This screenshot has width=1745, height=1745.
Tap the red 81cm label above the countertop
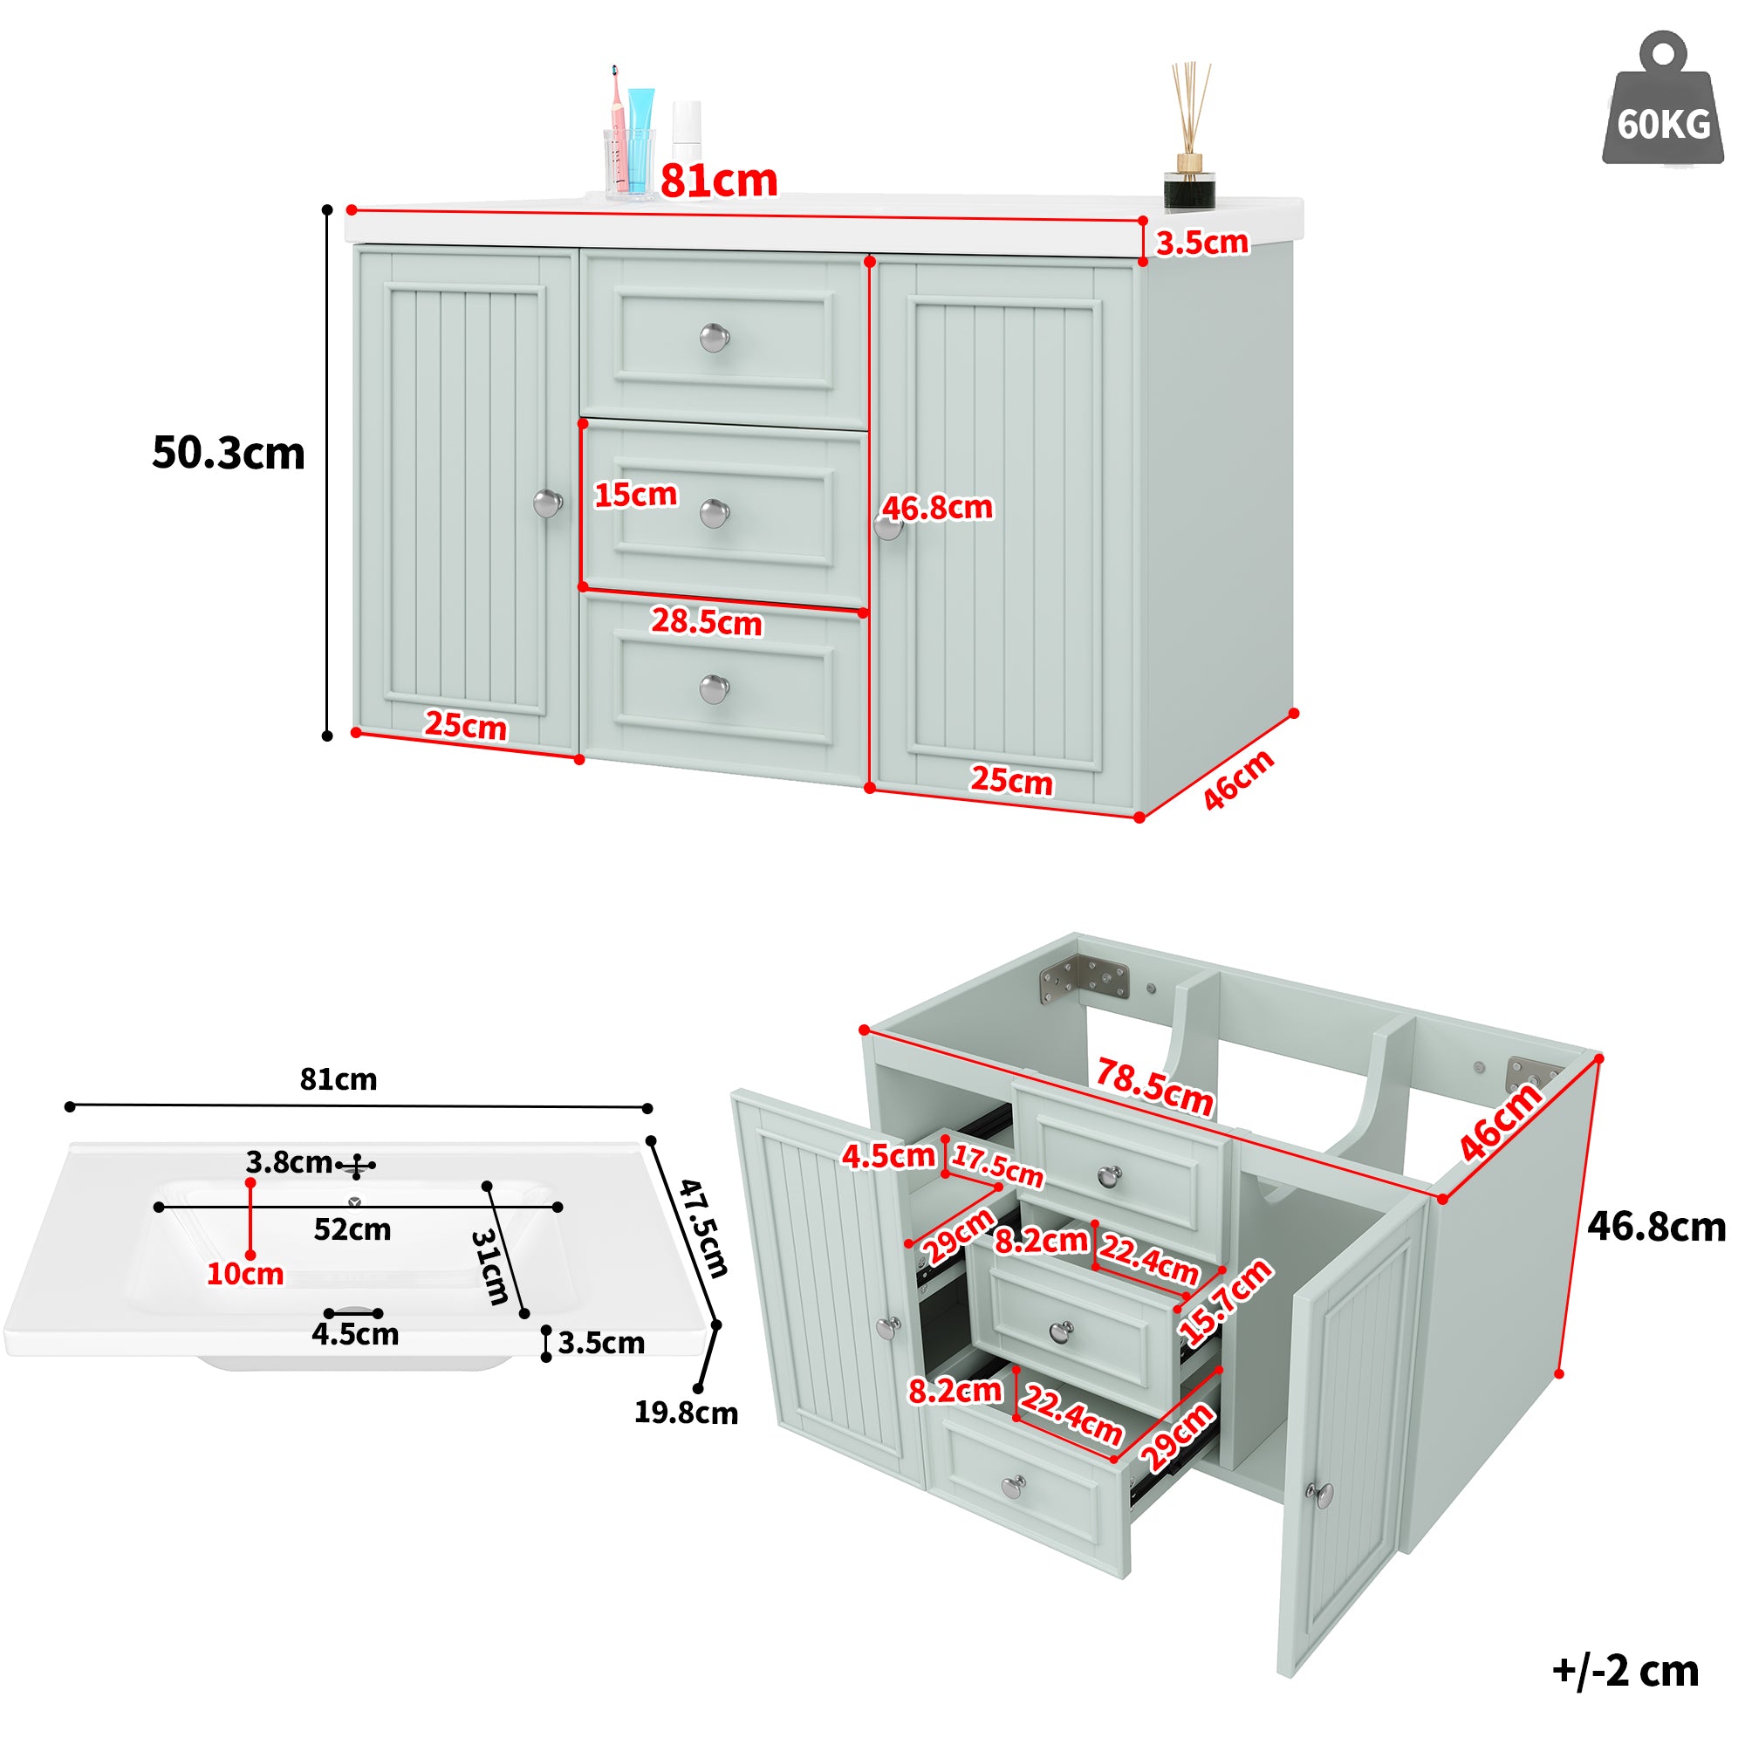pos(718,181)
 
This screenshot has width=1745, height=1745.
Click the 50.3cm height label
pos(228,453)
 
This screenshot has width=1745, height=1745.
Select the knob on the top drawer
pos(715,338)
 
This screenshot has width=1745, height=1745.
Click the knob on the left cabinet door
pos(547,503)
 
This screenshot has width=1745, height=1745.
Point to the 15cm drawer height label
pos(635,494)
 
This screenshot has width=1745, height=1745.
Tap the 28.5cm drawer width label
pos(707,621)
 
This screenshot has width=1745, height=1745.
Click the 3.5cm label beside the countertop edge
pos(1202,242)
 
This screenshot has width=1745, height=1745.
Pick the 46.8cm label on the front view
pos(936,508)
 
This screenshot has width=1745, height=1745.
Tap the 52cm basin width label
pos(352,1229)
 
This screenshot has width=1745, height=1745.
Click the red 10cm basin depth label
pos(245,1274)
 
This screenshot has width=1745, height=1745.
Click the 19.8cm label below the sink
pos(686,1412)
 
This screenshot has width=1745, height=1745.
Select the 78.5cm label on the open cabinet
pos(1154,1087)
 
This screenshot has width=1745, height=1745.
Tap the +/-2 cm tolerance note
pos(1625,1671)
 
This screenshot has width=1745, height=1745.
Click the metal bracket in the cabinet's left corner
pos(1083,980)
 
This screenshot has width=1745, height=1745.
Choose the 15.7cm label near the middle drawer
pos(1226,1302)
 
